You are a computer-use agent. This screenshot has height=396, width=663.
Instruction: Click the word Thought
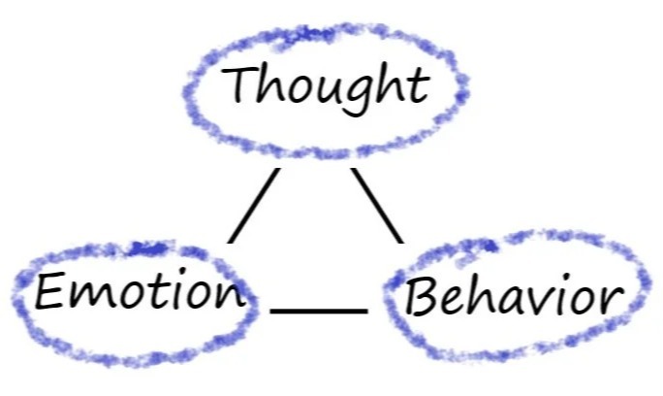[326, 87]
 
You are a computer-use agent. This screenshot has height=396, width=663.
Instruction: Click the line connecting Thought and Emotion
[254, 206]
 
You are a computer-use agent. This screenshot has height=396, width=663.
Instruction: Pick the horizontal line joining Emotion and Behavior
[319, 311]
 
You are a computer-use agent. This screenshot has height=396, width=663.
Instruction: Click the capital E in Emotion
[49, 290]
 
